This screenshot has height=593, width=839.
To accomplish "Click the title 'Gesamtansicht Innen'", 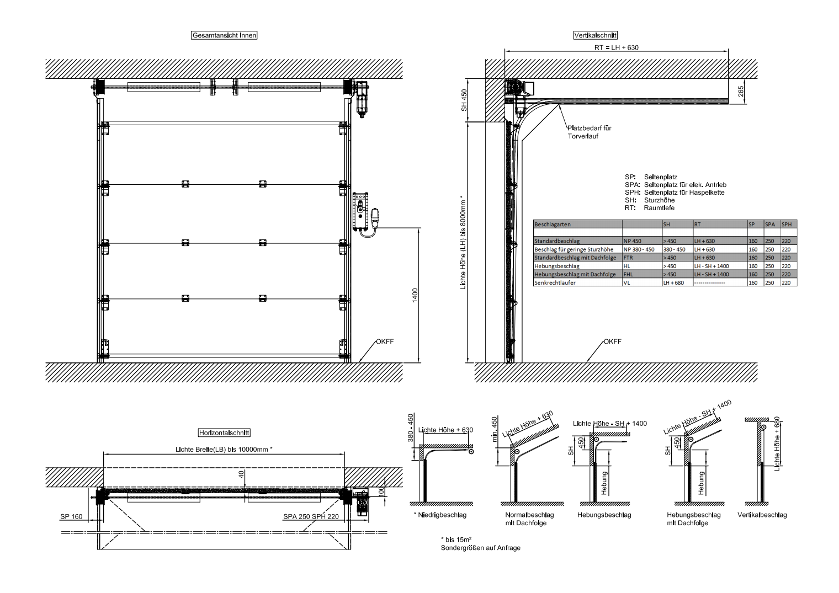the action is (x=224, y=35).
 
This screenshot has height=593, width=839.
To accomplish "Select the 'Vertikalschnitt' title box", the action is (x=595, y=35).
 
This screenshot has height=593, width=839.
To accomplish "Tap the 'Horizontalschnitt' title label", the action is (x=224, y=433).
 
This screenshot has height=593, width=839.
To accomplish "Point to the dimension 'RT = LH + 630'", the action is (x=616, y=47).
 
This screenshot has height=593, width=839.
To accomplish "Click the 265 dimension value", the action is (x=741, y=92).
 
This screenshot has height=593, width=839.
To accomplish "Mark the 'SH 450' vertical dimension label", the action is (x=464, y=100).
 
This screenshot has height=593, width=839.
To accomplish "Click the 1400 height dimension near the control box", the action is (x=415, y=295).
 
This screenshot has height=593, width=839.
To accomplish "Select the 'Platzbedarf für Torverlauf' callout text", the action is (x=589, y=132).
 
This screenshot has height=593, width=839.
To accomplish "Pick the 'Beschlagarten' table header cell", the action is (x=553, y=225).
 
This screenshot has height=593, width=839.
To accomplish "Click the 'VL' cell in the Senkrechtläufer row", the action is (x=626, y=282).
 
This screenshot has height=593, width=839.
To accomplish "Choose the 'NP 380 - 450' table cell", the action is (x=639, y=249).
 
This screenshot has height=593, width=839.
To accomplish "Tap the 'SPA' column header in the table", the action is (x=769, y=225).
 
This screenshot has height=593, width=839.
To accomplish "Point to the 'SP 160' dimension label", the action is (x=71, y=517).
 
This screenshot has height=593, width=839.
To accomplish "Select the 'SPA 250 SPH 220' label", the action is (x=311, y=517).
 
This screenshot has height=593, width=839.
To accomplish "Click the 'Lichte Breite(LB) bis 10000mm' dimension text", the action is (x=224, y=449).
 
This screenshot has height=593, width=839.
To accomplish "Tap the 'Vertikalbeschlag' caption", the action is (x=762, y=515).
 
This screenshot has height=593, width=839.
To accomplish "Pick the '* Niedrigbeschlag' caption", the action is (x=440, y=515).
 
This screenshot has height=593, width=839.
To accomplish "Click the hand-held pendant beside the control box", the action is (x=375, y=218).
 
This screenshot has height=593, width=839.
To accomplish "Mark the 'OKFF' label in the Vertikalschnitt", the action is (x=612, y=341).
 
